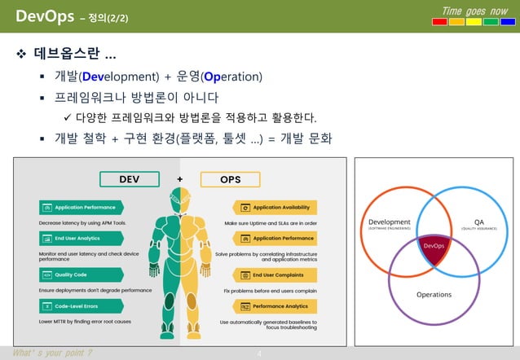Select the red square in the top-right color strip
coord(439,21)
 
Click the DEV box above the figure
coord(129,179)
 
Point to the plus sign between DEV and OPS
coord(179,179)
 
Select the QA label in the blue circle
coord(479,222)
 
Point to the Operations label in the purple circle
coord(434,294)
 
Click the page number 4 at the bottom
coord(259,353)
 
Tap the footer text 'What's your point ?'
coord(51,353)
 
